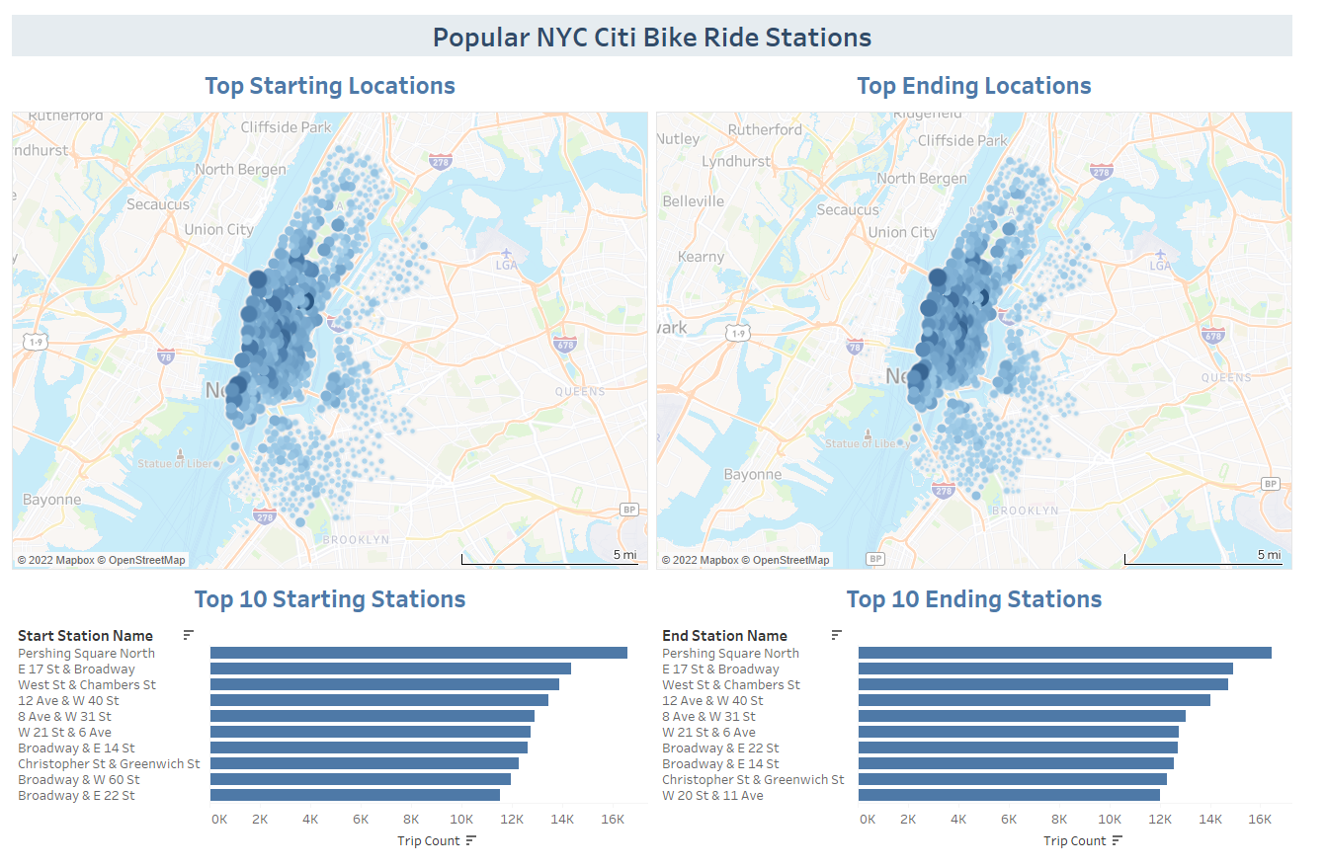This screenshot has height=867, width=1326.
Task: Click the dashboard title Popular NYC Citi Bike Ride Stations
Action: [652, 38]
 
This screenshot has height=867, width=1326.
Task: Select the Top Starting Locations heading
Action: [329, 86]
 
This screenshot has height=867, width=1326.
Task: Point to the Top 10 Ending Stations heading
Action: [973, 599]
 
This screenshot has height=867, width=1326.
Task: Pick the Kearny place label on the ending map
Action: [702, 257]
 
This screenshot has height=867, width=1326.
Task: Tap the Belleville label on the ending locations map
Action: [694, 201]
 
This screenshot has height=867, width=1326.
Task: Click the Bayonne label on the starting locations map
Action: [51, 500]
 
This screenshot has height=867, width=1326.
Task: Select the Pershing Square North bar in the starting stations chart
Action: [418, 653]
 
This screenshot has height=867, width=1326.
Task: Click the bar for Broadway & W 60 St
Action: [360, 779]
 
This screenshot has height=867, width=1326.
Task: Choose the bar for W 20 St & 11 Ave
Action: [1009, 795]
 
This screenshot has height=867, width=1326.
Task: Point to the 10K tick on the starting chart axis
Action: [460, 820]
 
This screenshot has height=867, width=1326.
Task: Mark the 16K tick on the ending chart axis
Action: [1260, 820]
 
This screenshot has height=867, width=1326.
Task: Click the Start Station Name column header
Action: [85, 636]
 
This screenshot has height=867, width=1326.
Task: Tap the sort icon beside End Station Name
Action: [836, 635]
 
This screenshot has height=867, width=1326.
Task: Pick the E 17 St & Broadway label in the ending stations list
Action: [720, 670]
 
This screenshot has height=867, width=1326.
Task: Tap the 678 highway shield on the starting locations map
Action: [565, 345]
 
